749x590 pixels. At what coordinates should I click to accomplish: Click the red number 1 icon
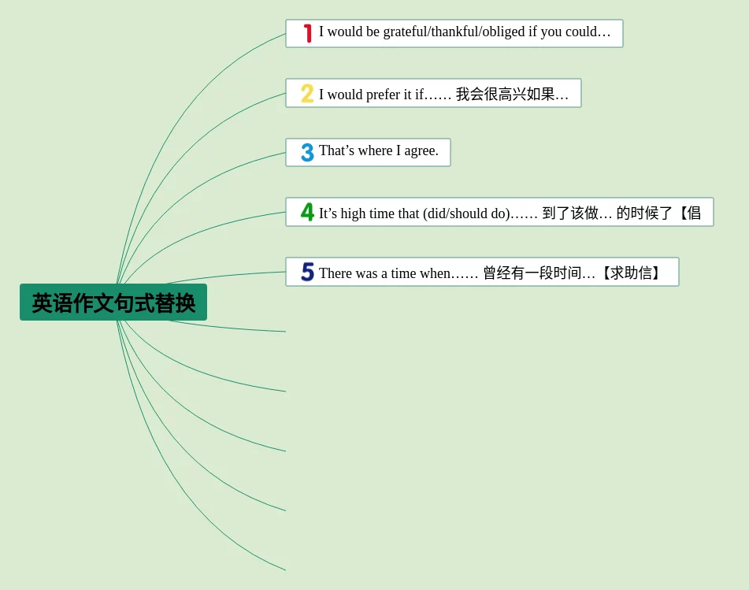pyautogui.click(x=308, y=33)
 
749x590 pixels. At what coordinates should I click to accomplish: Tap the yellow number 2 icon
pyautogui.click(x=307, y=93)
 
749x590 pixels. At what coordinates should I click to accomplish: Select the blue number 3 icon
pyautogui.click(x=307, y=152)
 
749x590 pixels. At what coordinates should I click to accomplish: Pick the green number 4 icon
pyautogui.click(x=307, y=212)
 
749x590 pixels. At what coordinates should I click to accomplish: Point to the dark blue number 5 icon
pyautogui.click(x=308, y=272)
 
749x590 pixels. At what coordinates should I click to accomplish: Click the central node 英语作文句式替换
pyautogui.click(x=113, y=302)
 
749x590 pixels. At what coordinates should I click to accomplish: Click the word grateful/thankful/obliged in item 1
pyautogui.click(x=454, y=32)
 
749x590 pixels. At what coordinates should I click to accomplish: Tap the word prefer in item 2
pyautogui.click(x=383, y=95)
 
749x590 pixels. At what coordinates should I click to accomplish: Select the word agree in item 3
pyautogui.click(x=421, y=151)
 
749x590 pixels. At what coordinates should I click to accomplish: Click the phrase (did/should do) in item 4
pyautogui.click(x=466, y=213)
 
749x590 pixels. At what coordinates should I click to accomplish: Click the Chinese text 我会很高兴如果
pyautogui.click(x=505, y=94)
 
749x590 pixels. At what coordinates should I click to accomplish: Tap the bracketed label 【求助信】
pyautogui.click(x=631, y=273)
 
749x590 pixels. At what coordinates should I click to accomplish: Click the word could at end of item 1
pyautogui.click(x=581, y=32)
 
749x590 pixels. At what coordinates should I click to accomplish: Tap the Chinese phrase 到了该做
pyautogui.click(x=570, y=213)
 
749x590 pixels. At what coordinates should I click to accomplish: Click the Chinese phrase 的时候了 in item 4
pyautogui.click(x=644, y=213)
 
